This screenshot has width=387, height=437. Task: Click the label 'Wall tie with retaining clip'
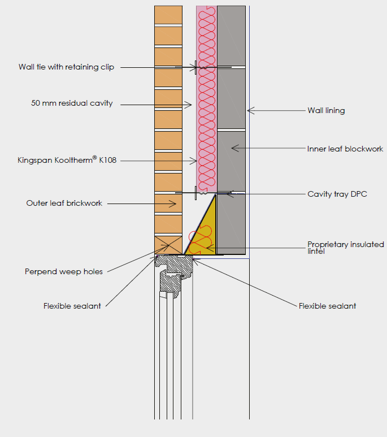coord(66,67)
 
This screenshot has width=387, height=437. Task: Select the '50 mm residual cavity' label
coord(72,103)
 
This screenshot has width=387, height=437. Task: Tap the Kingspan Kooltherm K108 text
coord(67,161)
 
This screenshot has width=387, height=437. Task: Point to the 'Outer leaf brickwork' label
coord(64,203)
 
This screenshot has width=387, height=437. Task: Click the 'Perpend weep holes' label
coord(64,271)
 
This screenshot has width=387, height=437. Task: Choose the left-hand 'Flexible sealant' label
coord(72,306)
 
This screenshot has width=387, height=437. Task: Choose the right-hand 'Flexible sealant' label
coord(327,306)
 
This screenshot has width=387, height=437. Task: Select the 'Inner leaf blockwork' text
coord(345,149)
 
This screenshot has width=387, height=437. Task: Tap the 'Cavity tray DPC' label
coord(337,194)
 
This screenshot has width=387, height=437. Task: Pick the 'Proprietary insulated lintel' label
coord(345,248)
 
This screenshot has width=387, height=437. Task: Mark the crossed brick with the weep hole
coord(168,245)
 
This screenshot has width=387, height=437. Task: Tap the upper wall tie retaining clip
coord(196,68)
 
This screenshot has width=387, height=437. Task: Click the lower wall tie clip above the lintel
coord(196,193)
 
